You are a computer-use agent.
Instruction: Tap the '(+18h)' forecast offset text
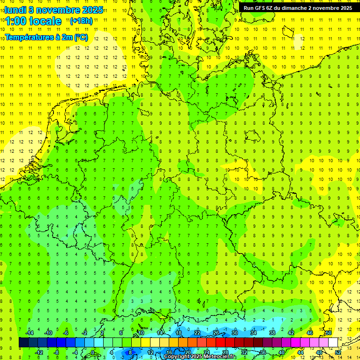click(x=81, y=21)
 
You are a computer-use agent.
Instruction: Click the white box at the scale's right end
click(x=333, y=342)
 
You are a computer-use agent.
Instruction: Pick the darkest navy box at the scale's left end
click(x=23, y=342)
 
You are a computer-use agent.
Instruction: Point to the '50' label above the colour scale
click(x=329, y=333)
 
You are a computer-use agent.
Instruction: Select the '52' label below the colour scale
click(x=338, y=352)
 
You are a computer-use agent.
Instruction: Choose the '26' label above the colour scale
click(x=216, y=333)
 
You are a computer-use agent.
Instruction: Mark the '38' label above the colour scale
click(x=272, y=333)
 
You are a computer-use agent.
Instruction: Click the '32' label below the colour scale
click(x=244, y=352)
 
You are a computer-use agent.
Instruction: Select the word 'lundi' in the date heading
click(x=15, y=10)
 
